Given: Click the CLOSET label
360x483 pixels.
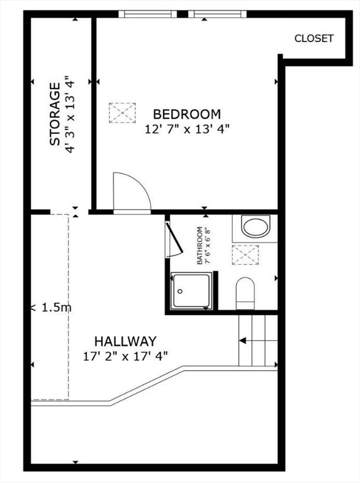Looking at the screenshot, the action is (x=314, y=38).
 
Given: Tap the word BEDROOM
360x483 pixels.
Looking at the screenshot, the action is (x=187, y=114).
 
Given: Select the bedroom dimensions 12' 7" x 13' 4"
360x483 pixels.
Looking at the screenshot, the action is (x=188, y=129).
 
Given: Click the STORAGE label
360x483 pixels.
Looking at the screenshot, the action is (x=55, y=114).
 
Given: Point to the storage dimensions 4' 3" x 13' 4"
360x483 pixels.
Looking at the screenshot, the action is (x=70, y=114).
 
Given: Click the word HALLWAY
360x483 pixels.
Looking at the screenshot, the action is (x=125, y=341).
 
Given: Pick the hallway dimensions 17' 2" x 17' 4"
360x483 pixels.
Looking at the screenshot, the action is (x=125, y=357).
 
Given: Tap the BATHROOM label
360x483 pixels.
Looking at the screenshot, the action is (x=200, y=245).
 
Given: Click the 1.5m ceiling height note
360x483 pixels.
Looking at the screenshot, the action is (x=52, y=307).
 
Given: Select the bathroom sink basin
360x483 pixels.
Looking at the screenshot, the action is (x=256, y=226).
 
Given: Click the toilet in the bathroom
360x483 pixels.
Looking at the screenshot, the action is (x=245, y=293).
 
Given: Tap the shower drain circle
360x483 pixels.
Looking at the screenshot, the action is (x=180, y=291).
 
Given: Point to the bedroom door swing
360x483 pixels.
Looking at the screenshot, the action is (x=132, y=191).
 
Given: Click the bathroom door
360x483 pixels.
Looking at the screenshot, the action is (x=174, y=238).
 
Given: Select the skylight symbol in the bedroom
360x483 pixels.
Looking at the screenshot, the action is (x=122, y=113).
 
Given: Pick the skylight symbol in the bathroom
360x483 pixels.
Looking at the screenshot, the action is (x=245, y=255).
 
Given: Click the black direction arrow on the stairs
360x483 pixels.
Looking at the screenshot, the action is (x=243, y=340).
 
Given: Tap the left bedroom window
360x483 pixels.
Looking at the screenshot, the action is (x=148, y=14).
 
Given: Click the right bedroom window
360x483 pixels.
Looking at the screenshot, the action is (x=217, y=14).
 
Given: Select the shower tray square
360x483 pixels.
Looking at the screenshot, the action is (x=191, y=291).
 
